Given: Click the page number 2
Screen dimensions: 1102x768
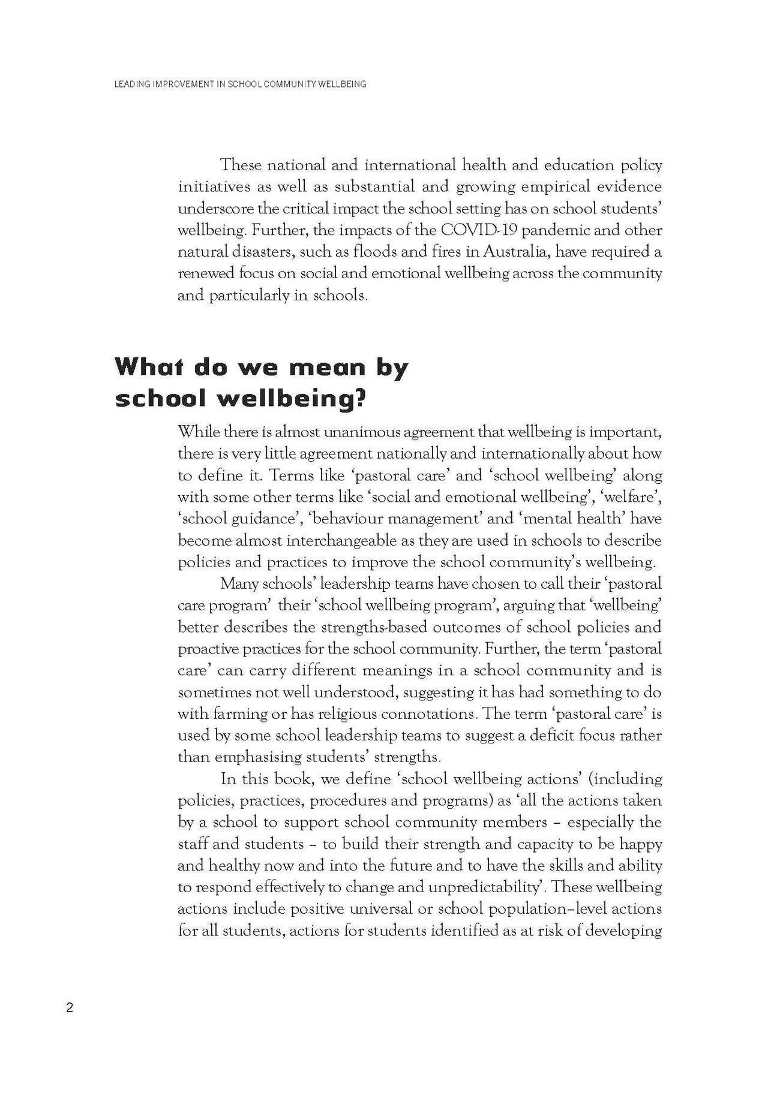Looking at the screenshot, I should pos(70,1008).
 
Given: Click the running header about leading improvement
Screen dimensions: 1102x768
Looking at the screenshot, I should pos(239,85).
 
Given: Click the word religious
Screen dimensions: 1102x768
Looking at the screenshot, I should pos(342,714).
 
